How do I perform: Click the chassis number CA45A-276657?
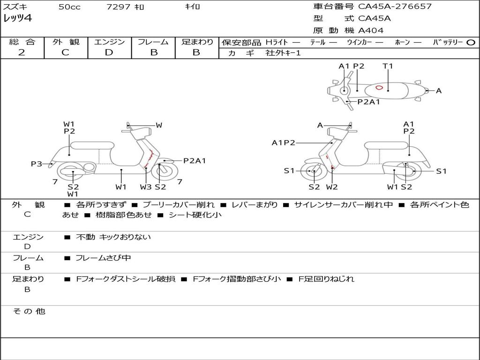pos(395,6)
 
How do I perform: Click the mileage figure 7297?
pos(118,7)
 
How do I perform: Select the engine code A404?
pos(371,30)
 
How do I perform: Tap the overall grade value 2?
pos(22,52)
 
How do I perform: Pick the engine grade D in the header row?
pos(109,52)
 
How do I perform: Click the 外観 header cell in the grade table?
pos(66,42)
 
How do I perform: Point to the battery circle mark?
pos(471,43)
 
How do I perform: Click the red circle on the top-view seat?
pos(379,88)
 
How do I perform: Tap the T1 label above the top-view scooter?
pos(388,66)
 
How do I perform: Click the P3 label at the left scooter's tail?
pos(37,164)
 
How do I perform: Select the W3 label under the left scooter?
pos(146,187)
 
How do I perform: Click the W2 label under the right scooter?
pos(332,187)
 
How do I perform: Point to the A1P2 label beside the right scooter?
pos(284,142)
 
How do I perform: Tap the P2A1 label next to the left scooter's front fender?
pos(195,160)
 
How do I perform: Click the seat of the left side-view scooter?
pos(92,145)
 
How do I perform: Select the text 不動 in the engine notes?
pos(86,237)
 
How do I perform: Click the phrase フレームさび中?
pos(103,258)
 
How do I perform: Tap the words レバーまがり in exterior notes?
pos(255,204)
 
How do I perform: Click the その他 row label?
pos(29,311)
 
